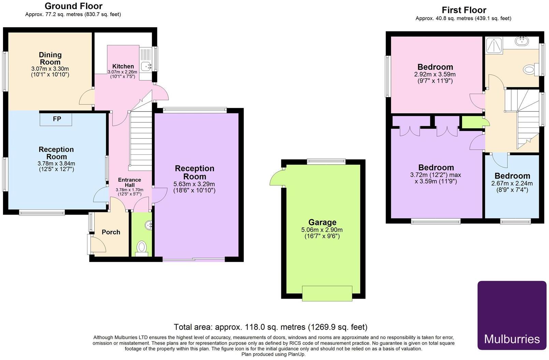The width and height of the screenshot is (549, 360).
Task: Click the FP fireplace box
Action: coord(56,119)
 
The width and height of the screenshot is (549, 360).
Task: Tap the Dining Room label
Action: coord(50,58)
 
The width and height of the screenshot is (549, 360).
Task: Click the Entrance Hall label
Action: coord(129,182)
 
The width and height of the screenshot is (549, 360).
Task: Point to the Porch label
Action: coord(111,232)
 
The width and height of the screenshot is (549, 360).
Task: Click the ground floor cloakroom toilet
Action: coord(141,247)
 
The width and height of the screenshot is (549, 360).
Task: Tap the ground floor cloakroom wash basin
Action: coord(148,225)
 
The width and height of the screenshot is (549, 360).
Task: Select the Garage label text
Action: coord(322,222)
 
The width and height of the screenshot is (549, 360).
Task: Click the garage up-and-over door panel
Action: coord(327,294)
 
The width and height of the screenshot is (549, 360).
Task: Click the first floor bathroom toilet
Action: coord(530,70)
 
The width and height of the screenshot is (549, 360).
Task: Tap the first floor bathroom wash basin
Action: coord(522,42)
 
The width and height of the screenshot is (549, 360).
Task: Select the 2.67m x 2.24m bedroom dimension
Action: coord(512,183)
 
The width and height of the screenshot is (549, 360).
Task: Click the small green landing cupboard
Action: coord(472,122)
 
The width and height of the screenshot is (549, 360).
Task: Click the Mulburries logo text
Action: coord(512,339)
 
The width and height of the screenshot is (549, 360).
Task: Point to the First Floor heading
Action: coord(464,10)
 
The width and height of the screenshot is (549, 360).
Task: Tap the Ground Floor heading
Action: coord(73,6)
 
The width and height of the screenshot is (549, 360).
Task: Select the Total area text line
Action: coord(270,327)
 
